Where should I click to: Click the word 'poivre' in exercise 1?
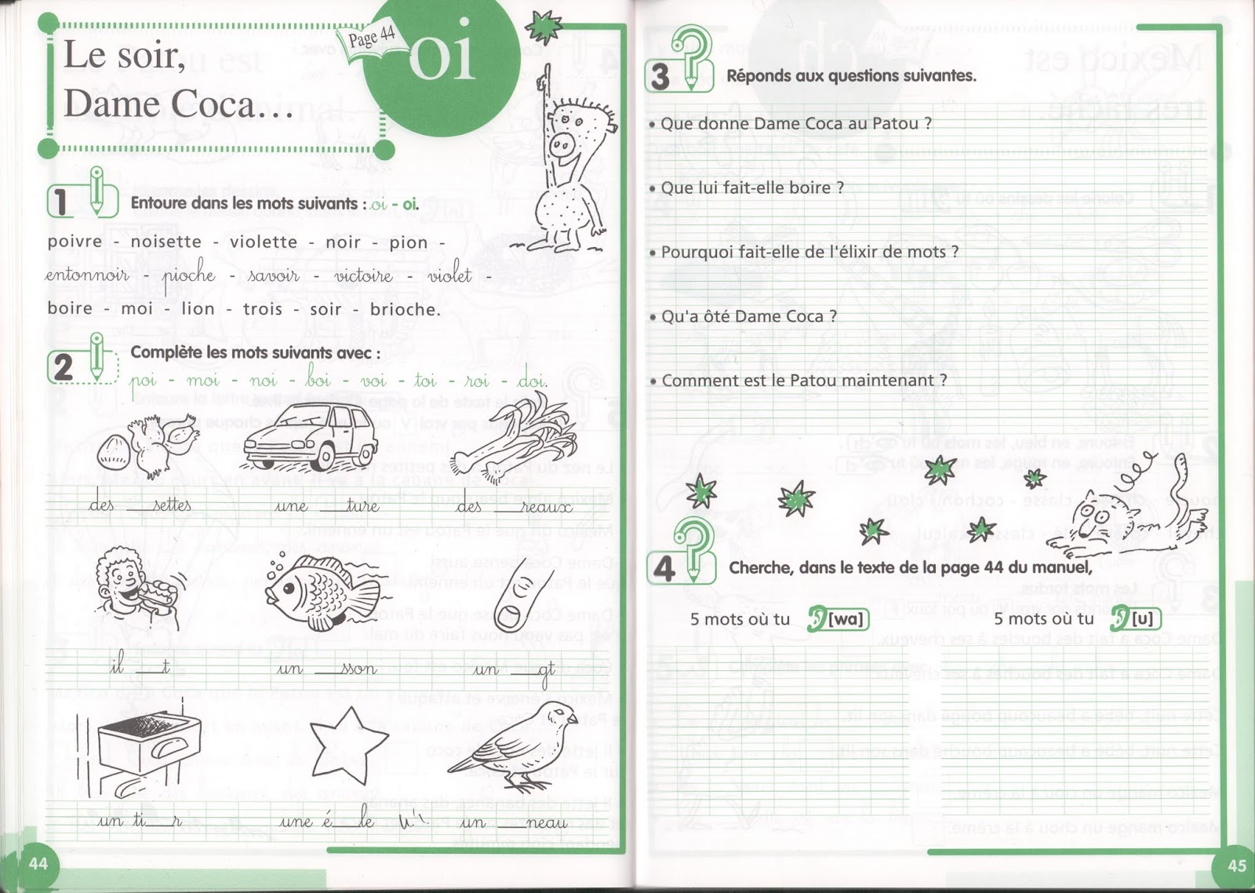point(75,242)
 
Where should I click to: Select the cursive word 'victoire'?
point(363,275)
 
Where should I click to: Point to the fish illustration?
point(318,591)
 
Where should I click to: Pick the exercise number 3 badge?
point(661,77)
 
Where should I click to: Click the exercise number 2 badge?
point(64,366)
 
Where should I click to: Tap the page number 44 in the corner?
point(38,863)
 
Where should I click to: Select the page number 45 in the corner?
point(1236,865)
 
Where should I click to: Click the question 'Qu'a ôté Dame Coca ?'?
point(749,317)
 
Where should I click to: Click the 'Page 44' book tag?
point(366,37)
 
